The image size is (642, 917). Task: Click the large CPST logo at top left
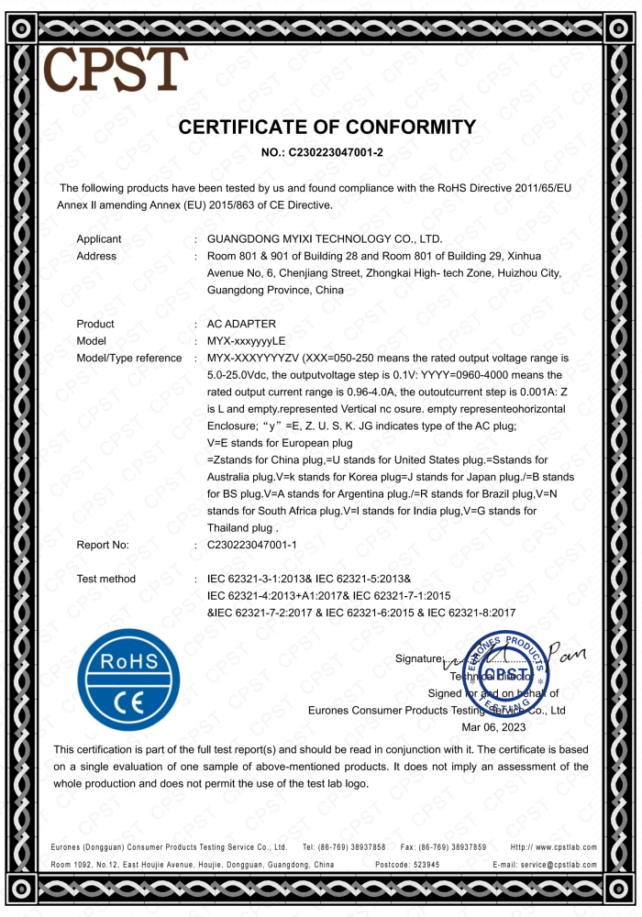tap(115, 69)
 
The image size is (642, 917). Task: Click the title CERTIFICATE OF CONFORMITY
tap(327, 127)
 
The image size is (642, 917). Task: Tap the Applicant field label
tap(99, 239)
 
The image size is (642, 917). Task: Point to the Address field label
tap(96, 256)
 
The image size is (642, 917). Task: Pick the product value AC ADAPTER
tap(242, 324)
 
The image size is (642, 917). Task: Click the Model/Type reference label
tap(129, 358)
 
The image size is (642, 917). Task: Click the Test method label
tap(106, 579)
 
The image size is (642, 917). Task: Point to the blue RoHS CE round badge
tap(129, 679)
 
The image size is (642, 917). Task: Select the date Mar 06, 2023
tap(495, 726)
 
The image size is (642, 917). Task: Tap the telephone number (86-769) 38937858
tap(353, 847)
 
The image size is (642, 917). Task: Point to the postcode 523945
tap(421, 865)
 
